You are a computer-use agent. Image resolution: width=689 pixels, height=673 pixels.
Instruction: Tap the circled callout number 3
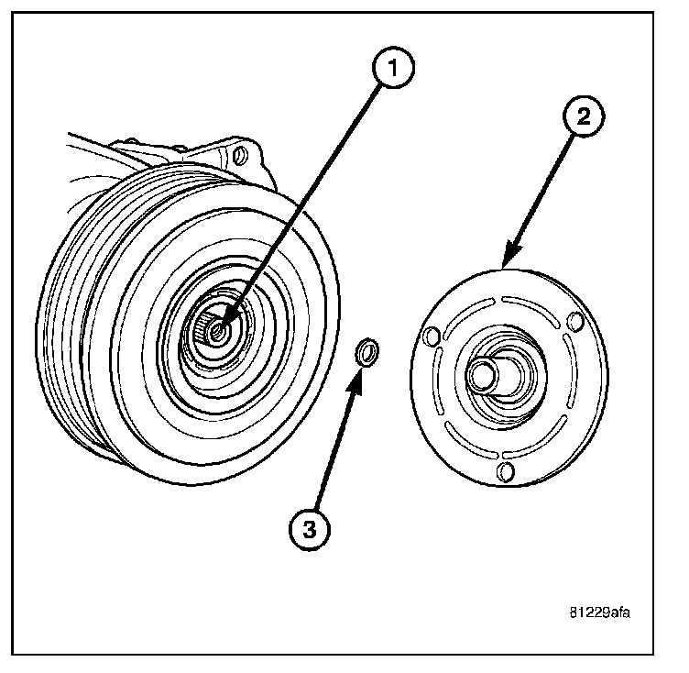pos(309,529)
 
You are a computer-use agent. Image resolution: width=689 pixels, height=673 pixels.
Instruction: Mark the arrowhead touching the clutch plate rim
pos(507,263)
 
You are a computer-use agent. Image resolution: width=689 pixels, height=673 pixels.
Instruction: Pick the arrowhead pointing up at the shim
pos(359,375)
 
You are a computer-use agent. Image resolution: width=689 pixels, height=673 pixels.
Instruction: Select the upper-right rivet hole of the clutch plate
pos(575,321)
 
